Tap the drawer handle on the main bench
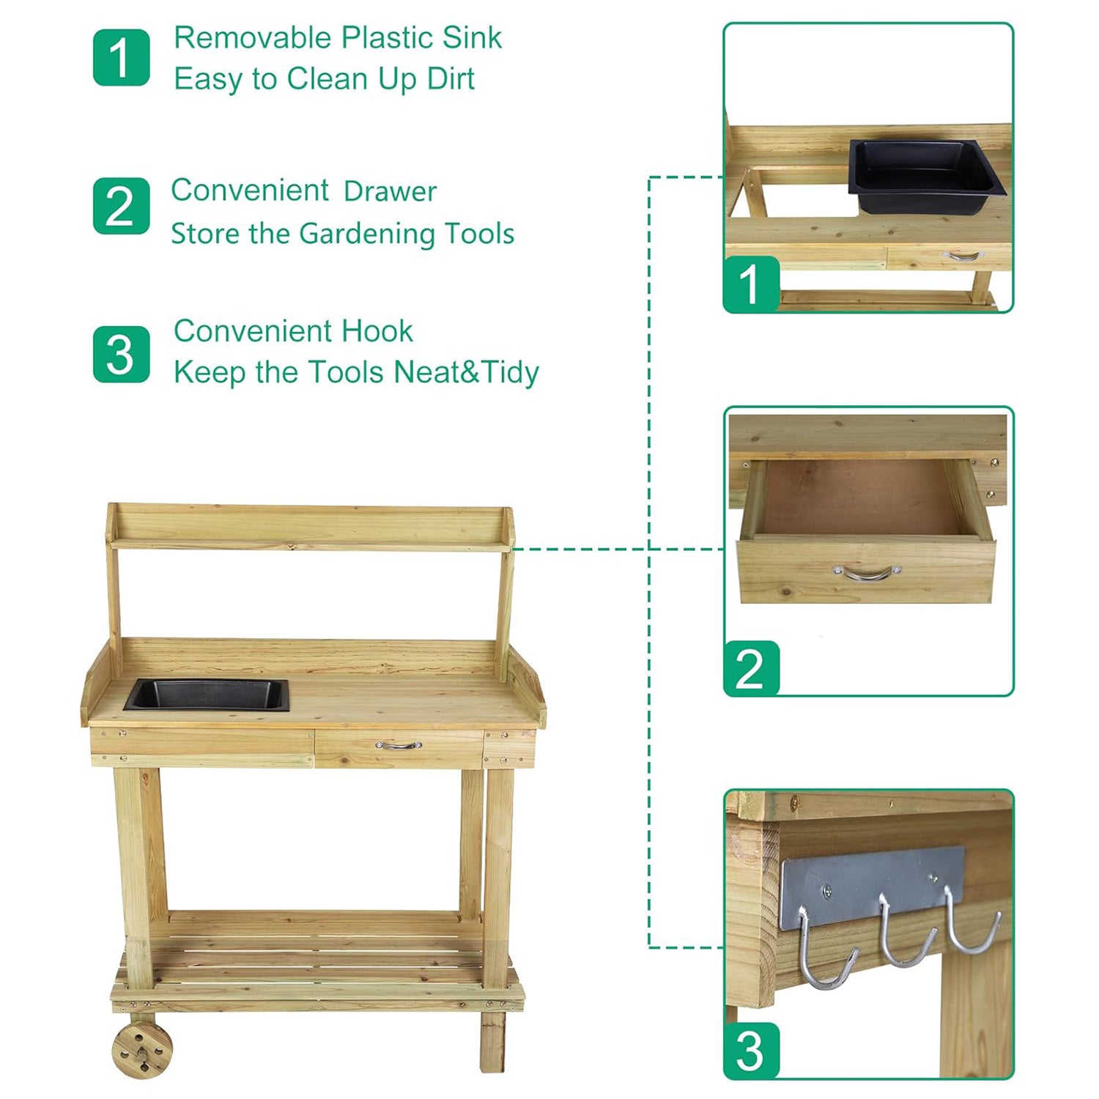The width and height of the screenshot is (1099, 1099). click(x=399, y=746)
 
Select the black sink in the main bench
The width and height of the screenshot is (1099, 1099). click(x=207, y=695)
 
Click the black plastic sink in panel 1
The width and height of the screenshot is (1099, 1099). click(x=926, y=176)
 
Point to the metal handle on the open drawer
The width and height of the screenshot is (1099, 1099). click(x=867, y=572)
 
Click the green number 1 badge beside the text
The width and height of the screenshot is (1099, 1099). click(x=122, y=58)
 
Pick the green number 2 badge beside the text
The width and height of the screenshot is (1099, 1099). click(x=122, y=206)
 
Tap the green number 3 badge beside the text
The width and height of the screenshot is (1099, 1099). click(x=122, y=355)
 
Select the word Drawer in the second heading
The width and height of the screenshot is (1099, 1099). click(x=390, y=191)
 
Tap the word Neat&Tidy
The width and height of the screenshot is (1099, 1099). click(x=466, y=372)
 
